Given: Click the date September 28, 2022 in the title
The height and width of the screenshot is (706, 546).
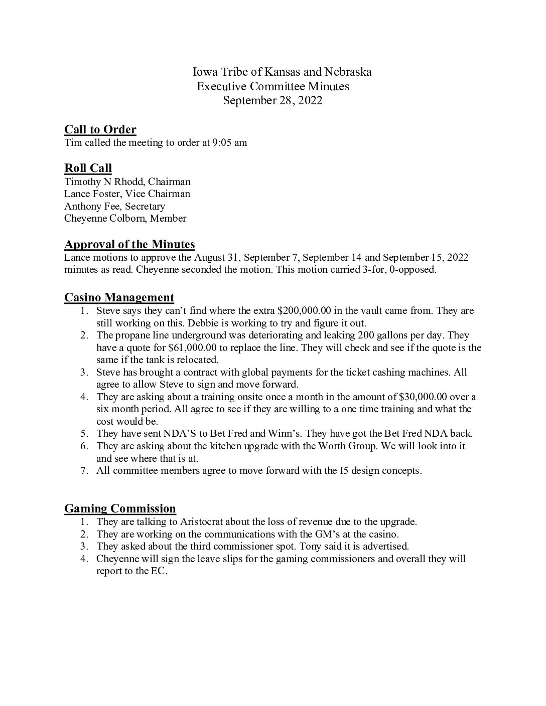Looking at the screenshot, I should (272, 100).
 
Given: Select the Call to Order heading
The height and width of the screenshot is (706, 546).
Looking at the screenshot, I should (100, 130).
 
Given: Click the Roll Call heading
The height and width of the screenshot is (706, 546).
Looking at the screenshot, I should (88, 168).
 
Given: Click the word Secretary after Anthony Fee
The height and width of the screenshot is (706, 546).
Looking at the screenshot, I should (145, 206).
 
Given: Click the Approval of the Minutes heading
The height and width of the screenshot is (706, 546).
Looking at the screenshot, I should (129, 245).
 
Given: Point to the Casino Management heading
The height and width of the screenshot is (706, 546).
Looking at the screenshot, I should (119, 298).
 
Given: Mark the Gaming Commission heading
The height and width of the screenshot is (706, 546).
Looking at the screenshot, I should (120, 509).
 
